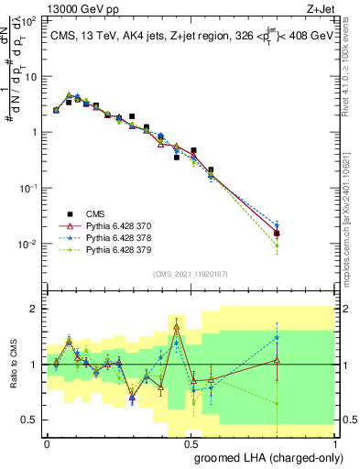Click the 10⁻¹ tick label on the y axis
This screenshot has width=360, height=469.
pyautogui.click(x=27, y=188)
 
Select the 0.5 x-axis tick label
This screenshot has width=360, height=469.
pyautogui.click(x=191, y=444)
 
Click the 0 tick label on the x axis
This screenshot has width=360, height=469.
pyautogui.click(x=47, y=444)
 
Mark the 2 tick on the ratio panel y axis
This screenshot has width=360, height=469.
pyautogui.click(x=35, y=309)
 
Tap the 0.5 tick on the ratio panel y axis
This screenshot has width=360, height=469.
pyautogui.click(x=30, y=420)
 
